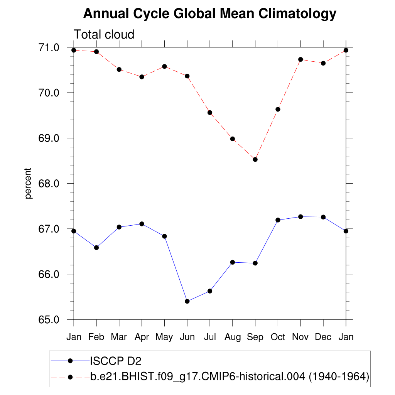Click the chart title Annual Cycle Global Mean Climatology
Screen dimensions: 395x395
tap(210, 14)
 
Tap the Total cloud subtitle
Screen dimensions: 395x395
tap(104, 34)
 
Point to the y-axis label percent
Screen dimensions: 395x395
tap(28, 183)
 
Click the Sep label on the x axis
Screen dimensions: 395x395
tap(255, 337)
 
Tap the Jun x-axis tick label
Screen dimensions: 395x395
tap(187, 337)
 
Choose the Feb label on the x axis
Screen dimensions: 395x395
tap(96, 337)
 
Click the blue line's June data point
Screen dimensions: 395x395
tap(187, 301)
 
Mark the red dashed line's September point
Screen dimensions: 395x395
tap(255, 159)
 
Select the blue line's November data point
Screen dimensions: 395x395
tap(300, 217)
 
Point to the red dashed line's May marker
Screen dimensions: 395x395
tap(164, 66)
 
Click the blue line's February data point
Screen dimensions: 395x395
tap(96, 248)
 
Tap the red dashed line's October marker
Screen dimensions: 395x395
tap(278, 109)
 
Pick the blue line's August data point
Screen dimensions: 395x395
tap(233, 262)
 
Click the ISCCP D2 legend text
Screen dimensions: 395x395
tap(116, 361)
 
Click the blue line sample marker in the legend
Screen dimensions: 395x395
tap(70, 361)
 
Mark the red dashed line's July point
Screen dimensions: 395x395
tap(210, 113)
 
